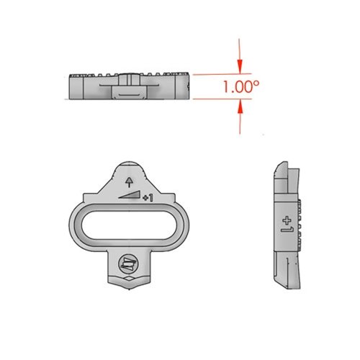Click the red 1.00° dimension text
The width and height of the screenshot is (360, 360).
pyautogui.click(x=241, y=86)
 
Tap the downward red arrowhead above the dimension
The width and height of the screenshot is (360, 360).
pyautogui.click(x=240, y=66)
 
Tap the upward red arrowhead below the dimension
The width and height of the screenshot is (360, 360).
pyautogui.click(x=240, y=107)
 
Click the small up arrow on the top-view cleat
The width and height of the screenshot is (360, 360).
pyautogui.click(x=130, y=182)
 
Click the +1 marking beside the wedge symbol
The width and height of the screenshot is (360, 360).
pyautogui.click(x=148, y=198)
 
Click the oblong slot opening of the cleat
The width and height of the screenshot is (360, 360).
pyautogui.click(x=129, y=225)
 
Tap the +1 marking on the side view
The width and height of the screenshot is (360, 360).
pyautogui.click(x=287, y=225)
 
